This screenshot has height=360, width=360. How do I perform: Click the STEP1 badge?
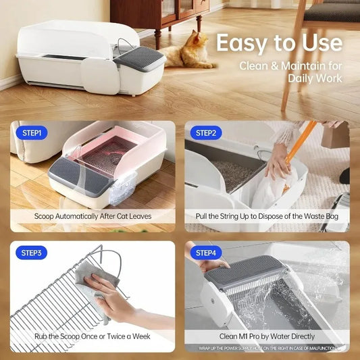coord(31,133)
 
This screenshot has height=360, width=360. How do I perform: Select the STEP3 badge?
coord(31,253)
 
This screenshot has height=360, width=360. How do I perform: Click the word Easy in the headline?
coord(242,44)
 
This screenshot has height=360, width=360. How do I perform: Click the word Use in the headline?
coord(320,44)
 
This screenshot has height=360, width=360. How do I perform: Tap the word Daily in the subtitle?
coord(295,78)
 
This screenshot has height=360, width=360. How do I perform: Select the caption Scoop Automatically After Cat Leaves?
coord(93,217)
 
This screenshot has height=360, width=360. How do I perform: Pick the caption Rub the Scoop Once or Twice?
coord(93,336)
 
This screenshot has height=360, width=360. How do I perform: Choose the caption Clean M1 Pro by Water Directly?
coord(267,336)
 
